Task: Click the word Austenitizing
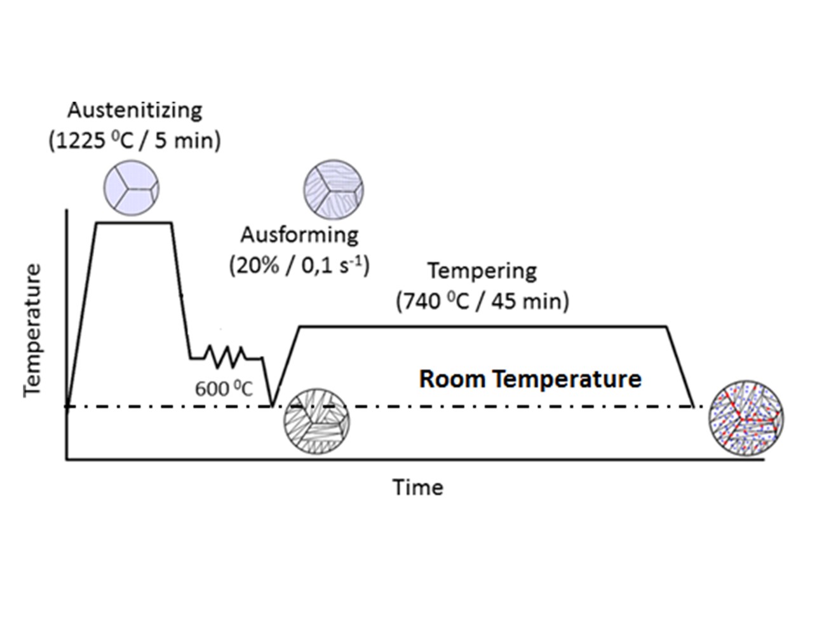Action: point(135,110)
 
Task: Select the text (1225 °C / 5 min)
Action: point(135,140)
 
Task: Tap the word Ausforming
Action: point(299,235)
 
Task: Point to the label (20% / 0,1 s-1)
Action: point(299,264)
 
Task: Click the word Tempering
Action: point(482,271)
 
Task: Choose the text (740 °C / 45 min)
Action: point(482,300)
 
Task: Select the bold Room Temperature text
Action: point(530,379)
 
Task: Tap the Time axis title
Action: point(417,487)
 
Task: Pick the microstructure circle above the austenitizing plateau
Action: point(132,188)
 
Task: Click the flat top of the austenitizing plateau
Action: point(133,222)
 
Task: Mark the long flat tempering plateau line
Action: point(483,327)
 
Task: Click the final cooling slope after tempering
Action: point(679,366)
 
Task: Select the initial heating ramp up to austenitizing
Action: point(81,315)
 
